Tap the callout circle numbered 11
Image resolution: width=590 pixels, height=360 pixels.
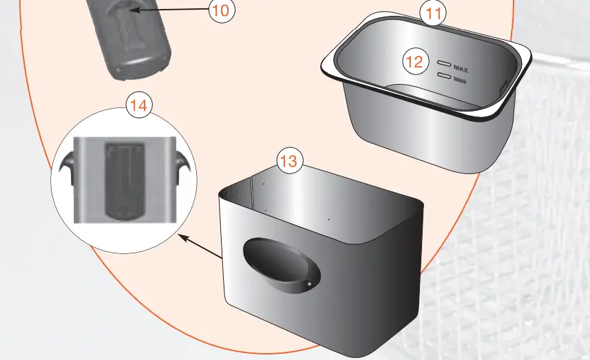click(x=433, y=12)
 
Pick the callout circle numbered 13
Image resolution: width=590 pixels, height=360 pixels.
click(x=290, y=161)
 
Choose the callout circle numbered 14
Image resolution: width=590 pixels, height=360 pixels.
click(x=138, y=106)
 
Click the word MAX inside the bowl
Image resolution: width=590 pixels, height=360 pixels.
click(x=461, y=67)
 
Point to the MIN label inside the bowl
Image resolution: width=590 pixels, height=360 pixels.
click(x=460, y=79)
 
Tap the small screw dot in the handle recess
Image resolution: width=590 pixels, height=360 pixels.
click(x=310, y=284)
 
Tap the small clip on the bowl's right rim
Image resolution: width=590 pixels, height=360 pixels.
click(x=502, y=85)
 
